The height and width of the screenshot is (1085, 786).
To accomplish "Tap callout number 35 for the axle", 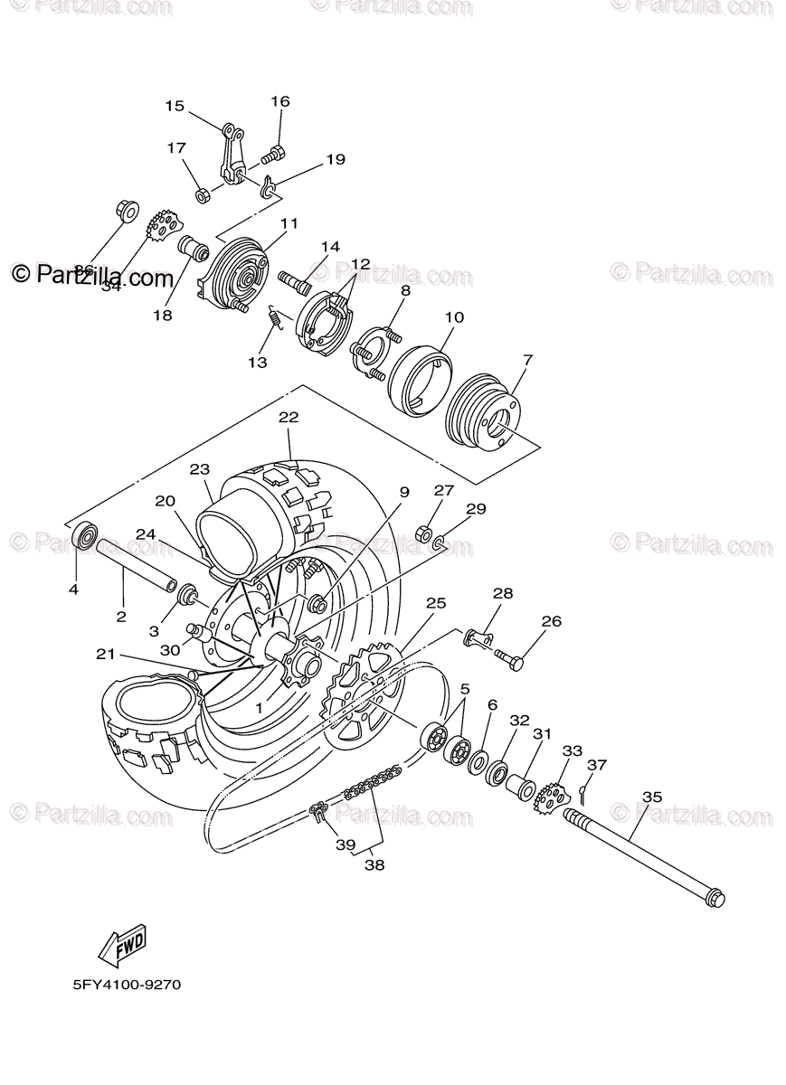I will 652,797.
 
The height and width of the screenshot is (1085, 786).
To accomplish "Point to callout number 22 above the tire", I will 289,418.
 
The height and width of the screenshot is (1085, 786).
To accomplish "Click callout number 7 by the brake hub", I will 527,360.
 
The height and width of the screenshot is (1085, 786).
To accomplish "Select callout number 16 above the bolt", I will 279,101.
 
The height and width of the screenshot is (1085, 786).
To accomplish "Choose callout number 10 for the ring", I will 454,317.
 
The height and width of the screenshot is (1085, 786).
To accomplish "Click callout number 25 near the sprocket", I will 436,602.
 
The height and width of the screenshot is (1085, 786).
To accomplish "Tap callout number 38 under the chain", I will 374,864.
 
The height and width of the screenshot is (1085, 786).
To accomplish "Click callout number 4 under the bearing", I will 73,590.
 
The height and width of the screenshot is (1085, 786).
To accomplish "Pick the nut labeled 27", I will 421,533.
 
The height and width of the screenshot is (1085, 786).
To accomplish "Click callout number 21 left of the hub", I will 106,654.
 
